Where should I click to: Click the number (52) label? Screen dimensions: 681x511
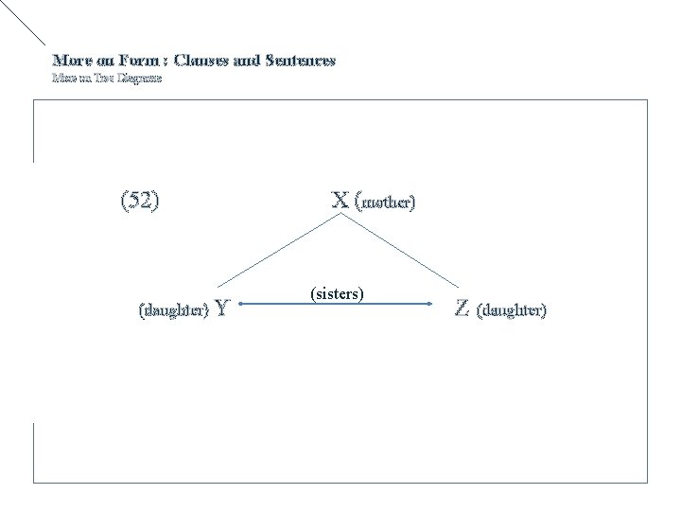pyautogui.click(x=140, y=201)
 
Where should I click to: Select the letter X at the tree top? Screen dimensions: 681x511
pyautogui.click(x=340, y=201)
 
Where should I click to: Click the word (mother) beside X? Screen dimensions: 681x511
pyautogui.click(x=385, y=203)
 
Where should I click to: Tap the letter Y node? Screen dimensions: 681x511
pyautogui.click(x=221, y=308)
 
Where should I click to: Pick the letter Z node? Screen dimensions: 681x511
pyautogui.click(x=463, y=308)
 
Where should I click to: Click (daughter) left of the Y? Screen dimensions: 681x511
pyautogui.click(x=174, y=310)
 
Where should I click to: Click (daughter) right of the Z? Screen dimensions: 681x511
pyautogui.click(x=512, y=309)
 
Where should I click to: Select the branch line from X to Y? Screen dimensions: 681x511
pyautogui.click(x=279, y=251)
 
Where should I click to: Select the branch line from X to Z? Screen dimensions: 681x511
pyautogui.click(x=402, y=251)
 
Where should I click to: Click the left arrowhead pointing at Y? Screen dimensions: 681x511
pyautogui.click(x=241, y=304)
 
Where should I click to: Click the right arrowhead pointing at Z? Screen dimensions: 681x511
pyautogui.click(x=444, y=304)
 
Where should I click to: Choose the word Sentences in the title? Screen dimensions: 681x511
pyautogui.click(x=300, y=61)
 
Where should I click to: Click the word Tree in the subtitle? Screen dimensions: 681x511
pyautogui.click(x=101, y=79)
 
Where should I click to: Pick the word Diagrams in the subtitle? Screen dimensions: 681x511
pyautogui.click(x=138, y=79)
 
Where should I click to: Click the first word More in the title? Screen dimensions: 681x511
pyautogui.click(x=71, y=61)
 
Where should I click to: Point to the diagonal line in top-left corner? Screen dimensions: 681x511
pyautogui.click(x=24, y=23)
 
